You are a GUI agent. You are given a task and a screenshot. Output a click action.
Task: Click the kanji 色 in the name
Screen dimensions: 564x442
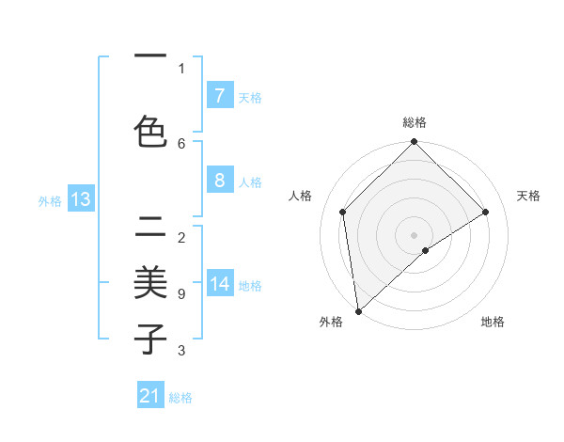click(x=150, y=133)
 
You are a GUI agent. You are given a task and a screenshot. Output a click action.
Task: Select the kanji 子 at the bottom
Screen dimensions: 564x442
click(x=150, y=338)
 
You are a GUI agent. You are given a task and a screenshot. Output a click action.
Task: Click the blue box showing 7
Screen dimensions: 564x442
click(x=219, y=95)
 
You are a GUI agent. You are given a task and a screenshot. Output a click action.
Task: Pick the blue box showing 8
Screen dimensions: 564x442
click(x=219, y=181)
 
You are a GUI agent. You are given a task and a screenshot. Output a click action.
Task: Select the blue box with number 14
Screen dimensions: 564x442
click(x=220, y=284)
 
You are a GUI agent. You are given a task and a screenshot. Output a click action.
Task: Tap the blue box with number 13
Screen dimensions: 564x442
click(x=80, y=199)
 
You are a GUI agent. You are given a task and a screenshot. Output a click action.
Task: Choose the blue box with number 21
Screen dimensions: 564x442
click(x=150, y=396)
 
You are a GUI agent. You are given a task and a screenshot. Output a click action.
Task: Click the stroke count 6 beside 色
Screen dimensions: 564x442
click(x=181, y=143)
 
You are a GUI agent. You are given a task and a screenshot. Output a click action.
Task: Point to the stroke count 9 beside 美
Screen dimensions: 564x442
click(x=181, y=294)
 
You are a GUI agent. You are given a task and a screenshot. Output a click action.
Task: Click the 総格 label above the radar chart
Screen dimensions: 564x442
click(x=414, y=122)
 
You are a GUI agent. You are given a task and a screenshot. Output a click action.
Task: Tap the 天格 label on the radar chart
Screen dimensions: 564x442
click(x=528, y=196)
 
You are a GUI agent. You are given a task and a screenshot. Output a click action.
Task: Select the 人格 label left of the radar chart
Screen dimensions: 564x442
click(x=301, y=196)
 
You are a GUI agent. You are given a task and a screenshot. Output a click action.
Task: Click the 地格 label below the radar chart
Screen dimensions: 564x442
click(x=493, y=322)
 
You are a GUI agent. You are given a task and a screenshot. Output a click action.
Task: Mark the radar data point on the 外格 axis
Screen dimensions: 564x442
click(x=357, y=311)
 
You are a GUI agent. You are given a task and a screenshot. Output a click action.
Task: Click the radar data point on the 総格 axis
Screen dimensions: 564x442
click(x=414, y=143)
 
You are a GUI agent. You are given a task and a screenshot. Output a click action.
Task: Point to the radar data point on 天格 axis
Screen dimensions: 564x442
click(x=486, y=212)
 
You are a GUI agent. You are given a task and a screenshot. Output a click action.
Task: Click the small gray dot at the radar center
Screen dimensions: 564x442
click(x=414, y=234)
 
